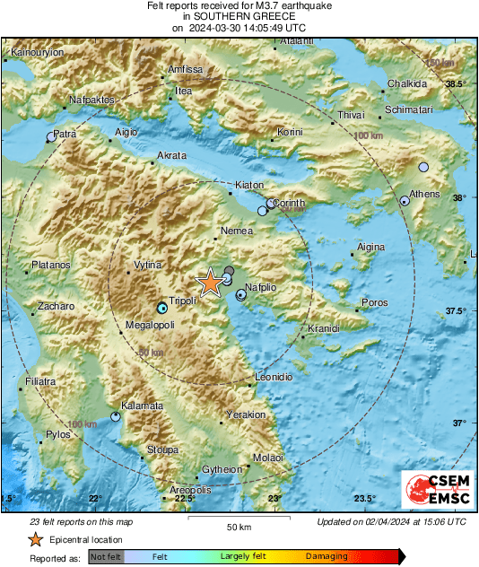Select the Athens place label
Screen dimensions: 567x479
[424, 194]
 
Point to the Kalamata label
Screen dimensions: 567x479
[143, 406]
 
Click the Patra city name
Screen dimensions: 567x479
[65, 134]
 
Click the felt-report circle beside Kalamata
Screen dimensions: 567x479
[116, 416]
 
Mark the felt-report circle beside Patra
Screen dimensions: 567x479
[51, 137]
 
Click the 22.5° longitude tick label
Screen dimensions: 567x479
[184, 499]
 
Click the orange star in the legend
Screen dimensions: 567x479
[35, 539]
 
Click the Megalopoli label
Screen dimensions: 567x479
[149, 324]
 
